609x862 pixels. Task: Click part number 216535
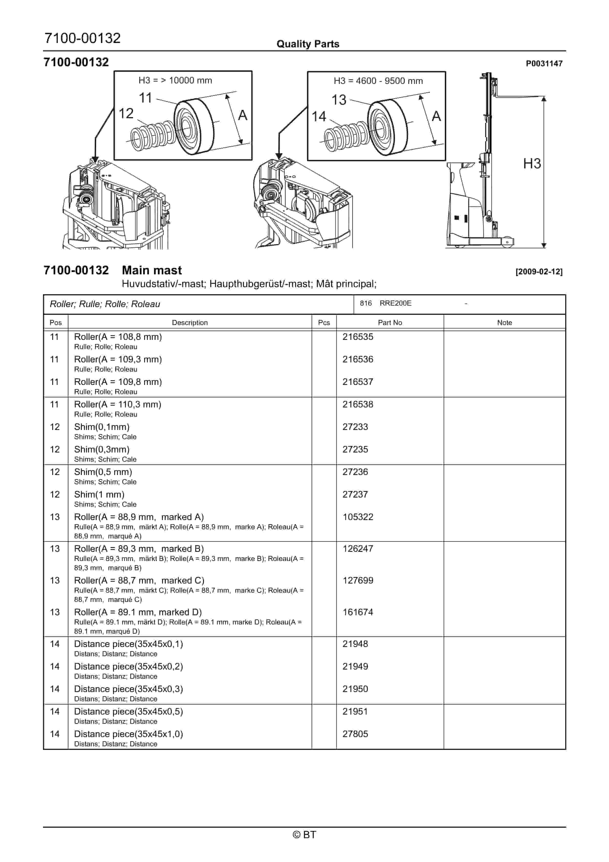[x=357, y=337]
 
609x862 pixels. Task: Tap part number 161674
[x=357, y=612]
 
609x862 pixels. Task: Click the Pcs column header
[x=324, y=322]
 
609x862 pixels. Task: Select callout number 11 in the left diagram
[x=145, y=98]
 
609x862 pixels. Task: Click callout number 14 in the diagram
[x=319, y=116]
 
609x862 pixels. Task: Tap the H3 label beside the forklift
[x=532, y=164]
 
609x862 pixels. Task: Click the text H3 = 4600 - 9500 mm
[x=378, y=81]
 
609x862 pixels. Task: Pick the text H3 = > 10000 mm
[x=175, y=81]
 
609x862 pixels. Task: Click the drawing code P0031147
[x=544, y=64]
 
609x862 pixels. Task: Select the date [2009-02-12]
[x=539, y=272]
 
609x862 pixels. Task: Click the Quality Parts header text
[x=308, y=44]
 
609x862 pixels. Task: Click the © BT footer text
[x=304, y=835]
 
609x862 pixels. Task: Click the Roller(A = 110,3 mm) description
[x=117, y=404]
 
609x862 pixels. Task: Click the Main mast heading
[x=152, y=270]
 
